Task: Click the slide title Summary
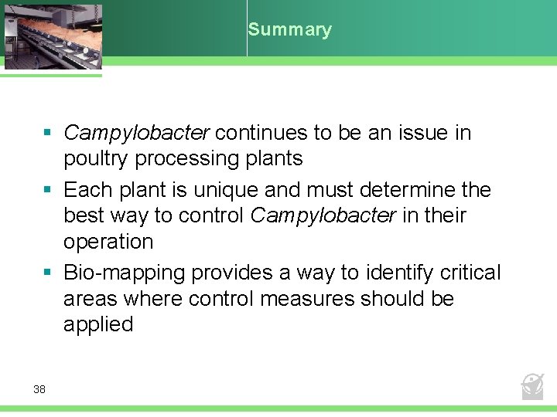[289, 30]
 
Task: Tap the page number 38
[39, 389]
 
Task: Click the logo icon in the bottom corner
[532, 385]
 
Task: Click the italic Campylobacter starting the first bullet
[136, 133]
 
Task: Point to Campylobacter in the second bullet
[323, 215]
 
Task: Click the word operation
[108, 242]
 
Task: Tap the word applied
[98, 324]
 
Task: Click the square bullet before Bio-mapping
[48, 273]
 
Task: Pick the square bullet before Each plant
[48, 190]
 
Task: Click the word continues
[261, 133]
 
